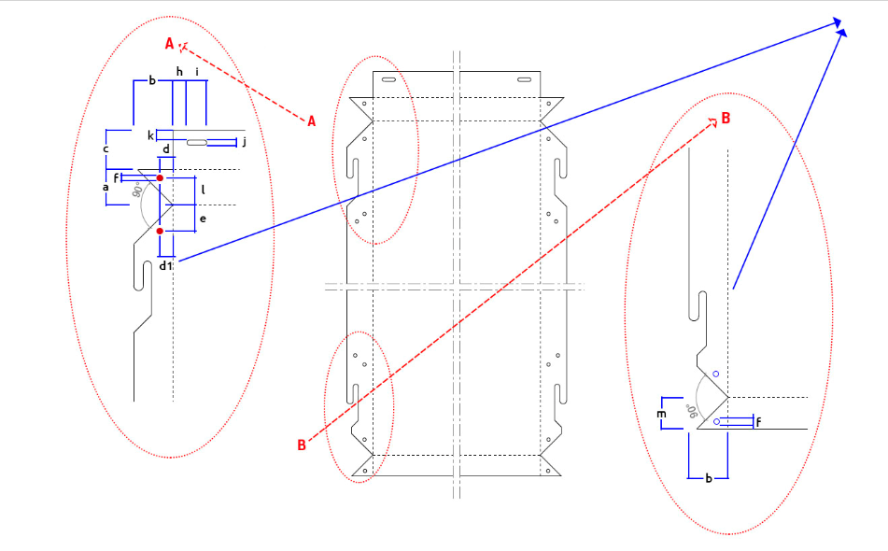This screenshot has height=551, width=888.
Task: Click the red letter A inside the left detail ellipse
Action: (x=169, y=44)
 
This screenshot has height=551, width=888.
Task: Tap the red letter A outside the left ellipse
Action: (x=312, y=121)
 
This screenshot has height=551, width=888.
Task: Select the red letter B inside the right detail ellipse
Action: (x=726, y=119)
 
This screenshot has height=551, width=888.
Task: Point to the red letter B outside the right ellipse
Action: (x=302, y=445)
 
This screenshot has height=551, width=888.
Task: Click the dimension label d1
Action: (x=165, y=265)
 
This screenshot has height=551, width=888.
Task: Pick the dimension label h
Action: (x=179, y=71)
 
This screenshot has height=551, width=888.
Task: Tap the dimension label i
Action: (x=197, y=72)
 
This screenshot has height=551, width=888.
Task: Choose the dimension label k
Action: (x=150, y=135)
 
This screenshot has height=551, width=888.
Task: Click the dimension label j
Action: (x=244, y=141)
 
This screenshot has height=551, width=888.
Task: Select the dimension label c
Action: (x=106, y=148)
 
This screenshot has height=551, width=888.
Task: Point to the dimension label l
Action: (x=203, y=191)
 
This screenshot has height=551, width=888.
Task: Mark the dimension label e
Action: (x=203, y=219)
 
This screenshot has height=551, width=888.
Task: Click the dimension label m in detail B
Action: (x=661, y=414)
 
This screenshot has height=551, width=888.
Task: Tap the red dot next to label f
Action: (x=160, y=178)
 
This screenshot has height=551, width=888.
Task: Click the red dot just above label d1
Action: (x=160, y=231)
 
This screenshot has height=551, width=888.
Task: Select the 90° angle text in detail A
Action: (x=136, y=191)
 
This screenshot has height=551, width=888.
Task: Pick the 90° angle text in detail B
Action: (x=692, y=411)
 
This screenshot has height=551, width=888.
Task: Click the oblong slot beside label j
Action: (x=197, y=142)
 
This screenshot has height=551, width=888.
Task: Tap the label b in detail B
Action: (x=708, y=478)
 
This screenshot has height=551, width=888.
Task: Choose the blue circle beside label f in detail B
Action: (x=716, y=422)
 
